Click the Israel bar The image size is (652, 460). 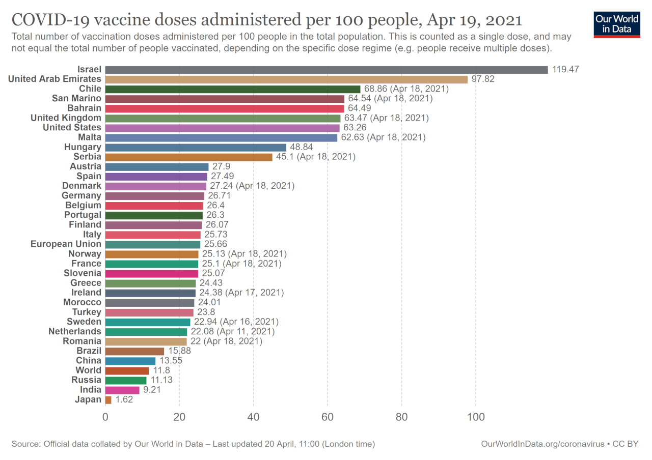pyautogui.click(x=327, y=70)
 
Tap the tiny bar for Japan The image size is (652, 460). pyautogui.click(x=108, y=400)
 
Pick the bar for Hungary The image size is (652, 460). pyautogui.click(x=196, y=147)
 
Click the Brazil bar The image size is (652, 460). pyautogui.click(x=135, y=351)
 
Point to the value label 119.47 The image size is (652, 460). pyautogui.click(x=565, y=70)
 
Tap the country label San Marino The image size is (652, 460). pyautogui.click(x=76, y=98)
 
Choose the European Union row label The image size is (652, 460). pyautogui.click(x=66, y=244)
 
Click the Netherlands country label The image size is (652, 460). pyautogui.click(x=75, y=332)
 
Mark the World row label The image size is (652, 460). pyautogui.click(x=89, y=370)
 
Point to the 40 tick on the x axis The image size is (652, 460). pyautogui.click(x=254, y=417)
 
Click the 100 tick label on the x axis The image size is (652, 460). pyautogui.click(x=476, y=417)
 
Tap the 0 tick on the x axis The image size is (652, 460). pyautogui.click(x=105, y=417)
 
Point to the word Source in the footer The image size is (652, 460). pyautogui.click(x=26, y=444)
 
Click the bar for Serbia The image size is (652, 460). pyautogui.click(x=189, y=157)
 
